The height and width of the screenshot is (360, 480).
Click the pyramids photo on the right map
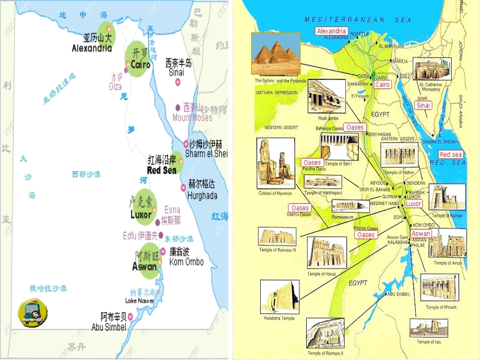point(276,54)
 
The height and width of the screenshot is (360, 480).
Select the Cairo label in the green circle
point(140,65)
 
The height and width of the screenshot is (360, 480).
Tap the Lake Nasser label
point(139,301)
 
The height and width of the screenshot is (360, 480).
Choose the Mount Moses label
point(193,118)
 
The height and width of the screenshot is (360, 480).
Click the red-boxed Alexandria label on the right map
point(331,31)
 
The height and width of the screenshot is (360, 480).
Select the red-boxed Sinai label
point(423,106)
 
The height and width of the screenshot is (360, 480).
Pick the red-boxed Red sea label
point(451,155)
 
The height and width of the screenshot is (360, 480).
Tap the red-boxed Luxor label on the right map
point(413,204)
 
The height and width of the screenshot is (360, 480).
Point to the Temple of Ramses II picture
point(326,333)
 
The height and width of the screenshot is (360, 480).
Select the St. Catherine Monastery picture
point(432,69)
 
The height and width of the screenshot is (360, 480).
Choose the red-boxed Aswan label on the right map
point(421,234)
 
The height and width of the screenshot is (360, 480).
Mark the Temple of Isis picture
point(428,328)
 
